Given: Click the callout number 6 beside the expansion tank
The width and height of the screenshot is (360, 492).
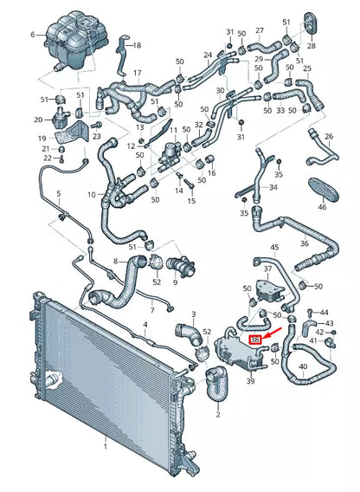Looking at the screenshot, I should coord(33,36).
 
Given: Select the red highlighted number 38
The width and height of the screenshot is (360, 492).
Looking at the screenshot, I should coord(255,340).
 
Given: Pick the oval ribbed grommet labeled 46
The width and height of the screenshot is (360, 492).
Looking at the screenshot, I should coord(323,190).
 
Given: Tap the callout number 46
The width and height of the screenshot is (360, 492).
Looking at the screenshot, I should coord(322,208).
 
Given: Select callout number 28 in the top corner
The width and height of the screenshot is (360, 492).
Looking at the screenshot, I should coord(311,45).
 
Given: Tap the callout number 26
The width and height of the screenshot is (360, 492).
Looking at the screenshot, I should coord(328,136).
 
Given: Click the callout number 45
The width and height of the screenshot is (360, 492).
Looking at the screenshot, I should coord(274,248).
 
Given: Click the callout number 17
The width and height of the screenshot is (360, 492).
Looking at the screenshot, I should coord(136,74).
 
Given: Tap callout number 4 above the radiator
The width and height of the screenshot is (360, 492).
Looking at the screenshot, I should coord(145,325).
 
